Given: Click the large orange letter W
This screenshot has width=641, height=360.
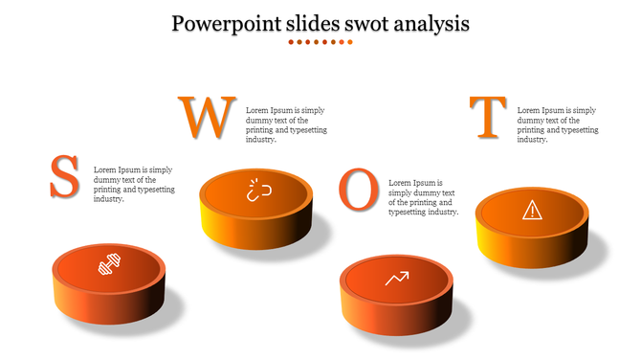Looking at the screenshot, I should pyautogui.click(x=206, y=118).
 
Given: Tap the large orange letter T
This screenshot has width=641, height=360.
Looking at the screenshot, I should pyautogui.click(x=489, y=118).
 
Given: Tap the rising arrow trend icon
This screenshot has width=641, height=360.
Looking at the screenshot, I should pyautogui.click(x=396, y=279).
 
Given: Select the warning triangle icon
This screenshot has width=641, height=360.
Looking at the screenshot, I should pyautogui.click(x=531, y=209).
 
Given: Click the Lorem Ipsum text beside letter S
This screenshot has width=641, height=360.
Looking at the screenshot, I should pyautogui.click(x=133, y=184).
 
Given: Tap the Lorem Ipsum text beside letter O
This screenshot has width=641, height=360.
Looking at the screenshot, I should pyautogui.click(x=423, y=197).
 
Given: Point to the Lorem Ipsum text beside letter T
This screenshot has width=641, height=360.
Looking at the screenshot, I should pyautogui.click(x=557, y=124).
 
